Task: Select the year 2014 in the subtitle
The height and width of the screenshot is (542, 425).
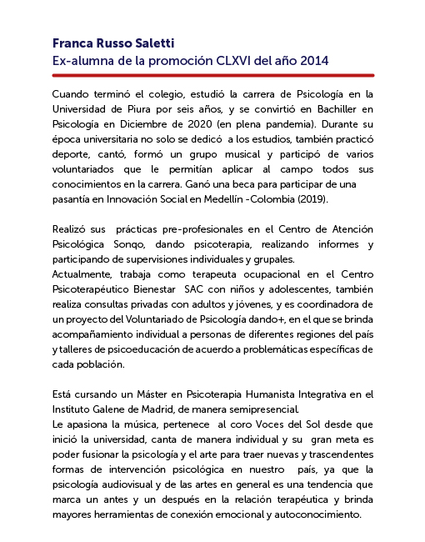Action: [310, 61]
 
